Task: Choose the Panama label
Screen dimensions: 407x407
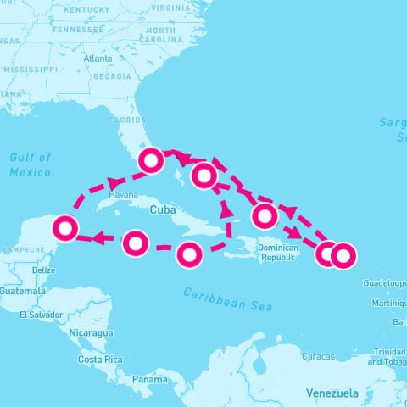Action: point(149,379)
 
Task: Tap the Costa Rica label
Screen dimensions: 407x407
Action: point(102,360)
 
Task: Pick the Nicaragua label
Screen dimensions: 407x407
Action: point(92,333)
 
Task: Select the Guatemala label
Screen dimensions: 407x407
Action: point(23,291)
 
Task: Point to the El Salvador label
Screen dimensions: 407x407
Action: point(41,315)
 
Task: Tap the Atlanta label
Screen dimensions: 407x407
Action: point(98,59)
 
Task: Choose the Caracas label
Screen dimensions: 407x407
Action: point(319,357)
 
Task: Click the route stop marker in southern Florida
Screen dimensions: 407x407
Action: point(152,159)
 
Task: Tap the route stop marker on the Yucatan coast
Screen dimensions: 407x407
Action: point(65,227)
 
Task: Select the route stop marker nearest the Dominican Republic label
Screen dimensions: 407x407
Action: point(265,215)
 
